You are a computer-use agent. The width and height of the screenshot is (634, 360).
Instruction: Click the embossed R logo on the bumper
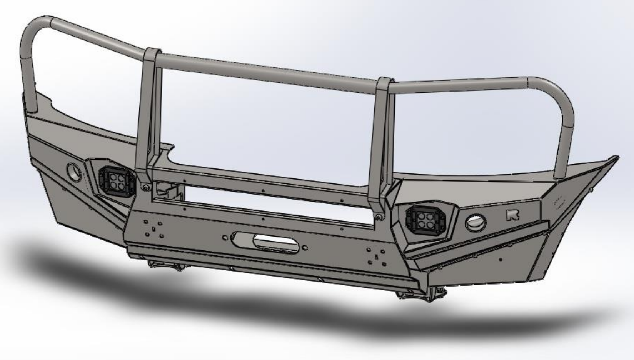click(512, 215)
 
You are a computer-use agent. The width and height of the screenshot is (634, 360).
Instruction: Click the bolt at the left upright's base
click(145, 187)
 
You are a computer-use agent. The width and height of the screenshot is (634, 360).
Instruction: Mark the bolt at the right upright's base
click(379, 218)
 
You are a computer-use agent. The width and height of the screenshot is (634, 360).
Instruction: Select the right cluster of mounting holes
click(376, 257)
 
